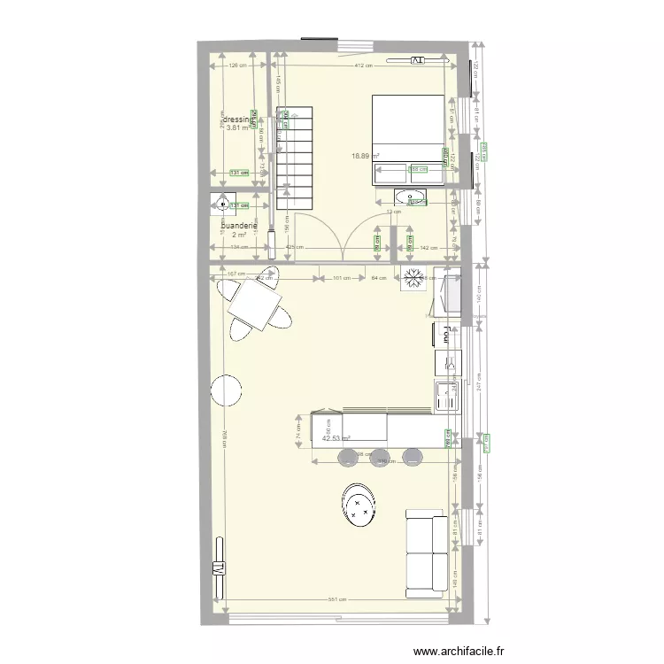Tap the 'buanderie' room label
[x=238, y=226]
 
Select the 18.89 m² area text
[x=365, y=156]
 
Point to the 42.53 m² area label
[x=336, y=438]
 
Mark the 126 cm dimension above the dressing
[x=236, y=66]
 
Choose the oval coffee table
[x=358, y=506]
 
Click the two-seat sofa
[x=426, y=552]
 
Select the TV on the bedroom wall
[x=417, y=60]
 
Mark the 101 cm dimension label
[x=340, y=277]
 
